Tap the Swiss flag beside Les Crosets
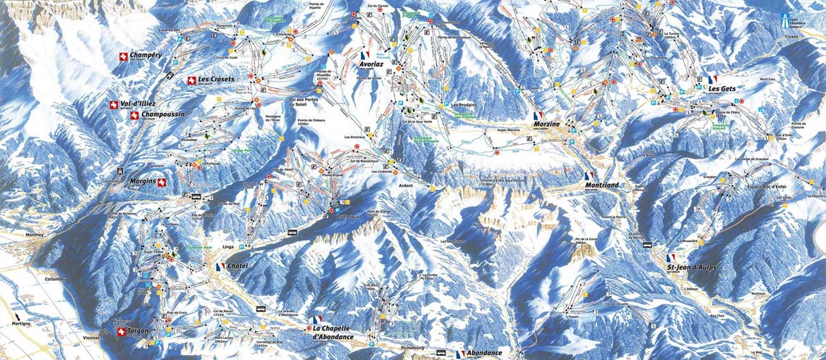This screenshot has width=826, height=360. click(x=191, y=80)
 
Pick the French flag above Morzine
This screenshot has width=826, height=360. click(x=537, y=115)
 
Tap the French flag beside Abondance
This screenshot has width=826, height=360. click(x=460, y=353)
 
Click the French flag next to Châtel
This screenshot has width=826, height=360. click(x=220, y=267)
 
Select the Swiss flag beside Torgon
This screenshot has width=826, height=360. click(x=120, y=332)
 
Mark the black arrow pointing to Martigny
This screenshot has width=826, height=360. click(x=17, y=316)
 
